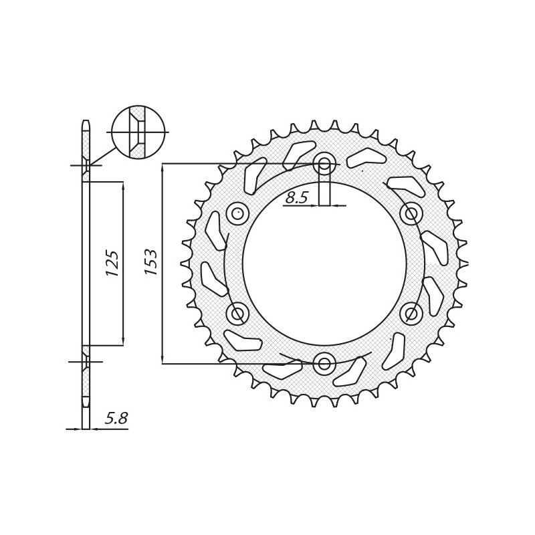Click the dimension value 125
pyautogui.click(x=112, y=263)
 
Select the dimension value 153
pyautogui.click(x=151, y=262)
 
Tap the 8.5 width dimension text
pyautogui.click(x=296, y=197)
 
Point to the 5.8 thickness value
pyautogui.click(x=116, y=419)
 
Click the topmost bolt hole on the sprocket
pyautogui.click(x=324, y=163)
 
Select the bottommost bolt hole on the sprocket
pyautogui.click(x=324, y=363)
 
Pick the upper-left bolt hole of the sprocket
pyautogui.click(x=237, y=214)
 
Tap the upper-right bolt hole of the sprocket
pyautogui.click(x=411, y=214)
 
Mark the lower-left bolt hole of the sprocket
pyautogui.click(x=237, y=313)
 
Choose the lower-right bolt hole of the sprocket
pyautogui.click(x=411, y=313)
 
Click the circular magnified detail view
pyautogui.click(x=138, y=132)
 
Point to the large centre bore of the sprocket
pyautogui.click(x=324, y=263)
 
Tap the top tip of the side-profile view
pyautogui.click(x=86, y=123)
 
